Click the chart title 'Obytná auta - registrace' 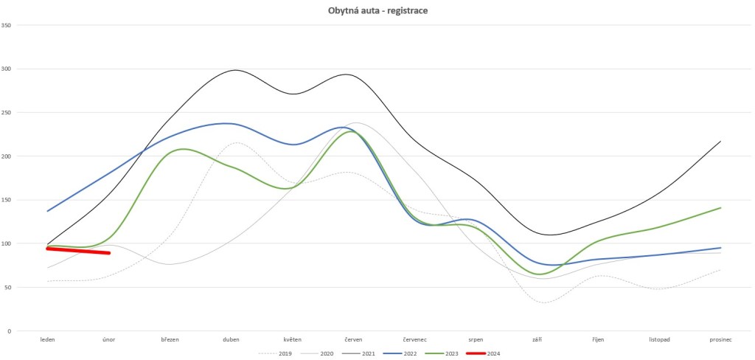(377, 11)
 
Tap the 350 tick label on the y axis (7, 25)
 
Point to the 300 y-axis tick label (7, 69)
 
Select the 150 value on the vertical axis (7, 200)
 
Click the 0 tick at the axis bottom (9, 331)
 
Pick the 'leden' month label (48, 340)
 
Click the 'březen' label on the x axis (170, 340)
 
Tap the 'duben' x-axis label (231, 340)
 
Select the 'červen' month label (353, 340)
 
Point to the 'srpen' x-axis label (476, 340)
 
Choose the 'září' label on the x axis (537, 340)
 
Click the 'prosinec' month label (720, 340)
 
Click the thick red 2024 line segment (78, 251)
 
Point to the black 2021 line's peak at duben (234, 70)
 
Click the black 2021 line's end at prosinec (720, 141)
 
